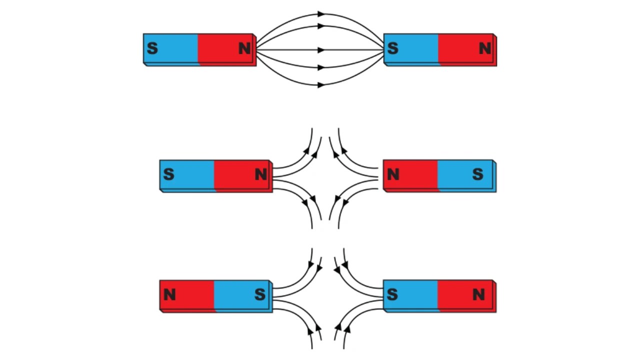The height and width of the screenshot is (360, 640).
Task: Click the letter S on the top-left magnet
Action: click(152, 48)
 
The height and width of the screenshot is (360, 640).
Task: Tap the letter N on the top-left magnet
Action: click(244, 48)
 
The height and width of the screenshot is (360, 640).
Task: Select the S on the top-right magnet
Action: click(393, 48)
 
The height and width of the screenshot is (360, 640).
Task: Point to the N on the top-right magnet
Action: click(484, 48)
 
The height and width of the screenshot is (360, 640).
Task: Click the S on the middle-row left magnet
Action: click(168, 174)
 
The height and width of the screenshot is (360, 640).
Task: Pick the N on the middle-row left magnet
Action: click(260, 174)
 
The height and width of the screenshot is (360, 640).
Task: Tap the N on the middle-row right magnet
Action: click(393, 174)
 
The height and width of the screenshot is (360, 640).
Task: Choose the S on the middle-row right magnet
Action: click(477, 174)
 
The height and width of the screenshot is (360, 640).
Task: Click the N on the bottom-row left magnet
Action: click(169, 295)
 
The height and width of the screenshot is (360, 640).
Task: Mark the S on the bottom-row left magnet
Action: click(260, 295)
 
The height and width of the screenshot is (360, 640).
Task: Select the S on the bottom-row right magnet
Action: click(392, 295)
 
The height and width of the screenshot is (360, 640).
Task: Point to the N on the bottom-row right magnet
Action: click(478, 295)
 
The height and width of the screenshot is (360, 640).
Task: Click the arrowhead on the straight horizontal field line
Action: click(321, 50)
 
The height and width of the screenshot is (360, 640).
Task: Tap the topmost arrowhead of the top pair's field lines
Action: click(321, 14)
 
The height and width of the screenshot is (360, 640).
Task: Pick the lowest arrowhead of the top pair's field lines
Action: click(321, 85)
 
